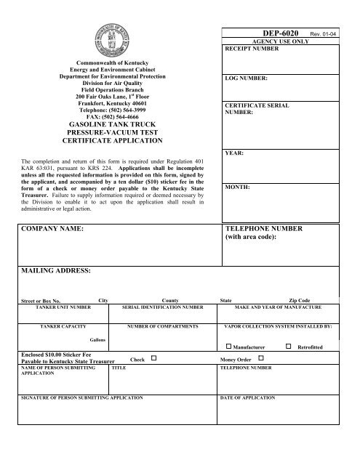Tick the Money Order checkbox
pyautogui.click(x=261, y=358)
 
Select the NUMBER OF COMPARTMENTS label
pyautogui.click(x=163, y=326)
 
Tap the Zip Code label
pyautogui.click(x=299, y=300)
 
